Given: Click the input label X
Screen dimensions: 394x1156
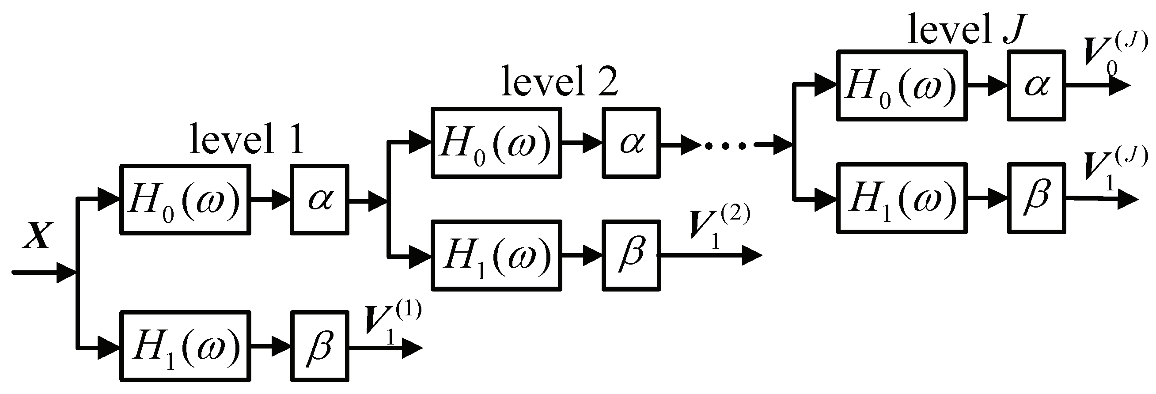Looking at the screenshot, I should (38, 235).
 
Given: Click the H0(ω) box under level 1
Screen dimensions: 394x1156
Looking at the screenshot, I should (185, 199).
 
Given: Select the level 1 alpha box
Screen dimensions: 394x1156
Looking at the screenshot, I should (319, 199).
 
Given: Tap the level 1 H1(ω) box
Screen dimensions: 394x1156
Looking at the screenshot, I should (185, 345).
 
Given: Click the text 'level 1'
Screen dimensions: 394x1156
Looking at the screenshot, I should (246, 139).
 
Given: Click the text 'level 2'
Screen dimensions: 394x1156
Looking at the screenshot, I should (559, 82).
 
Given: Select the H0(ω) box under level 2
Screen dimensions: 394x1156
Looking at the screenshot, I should (497, 143).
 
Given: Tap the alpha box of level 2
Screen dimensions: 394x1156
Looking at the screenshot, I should (631, 143).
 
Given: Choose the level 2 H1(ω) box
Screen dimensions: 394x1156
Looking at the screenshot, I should (497, 255).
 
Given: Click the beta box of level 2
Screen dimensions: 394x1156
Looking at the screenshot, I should (631, 255).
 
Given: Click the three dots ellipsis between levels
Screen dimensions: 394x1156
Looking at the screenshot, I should (726, 145).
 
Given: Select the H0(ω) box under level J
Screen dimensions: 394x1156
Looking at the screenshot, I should (902, 86).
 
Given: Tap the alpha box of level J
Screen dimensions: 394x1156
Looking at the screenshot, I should (1036, 86).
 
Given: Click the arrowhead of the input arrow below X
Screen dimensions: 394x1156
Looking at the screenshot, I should (66, 272).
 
